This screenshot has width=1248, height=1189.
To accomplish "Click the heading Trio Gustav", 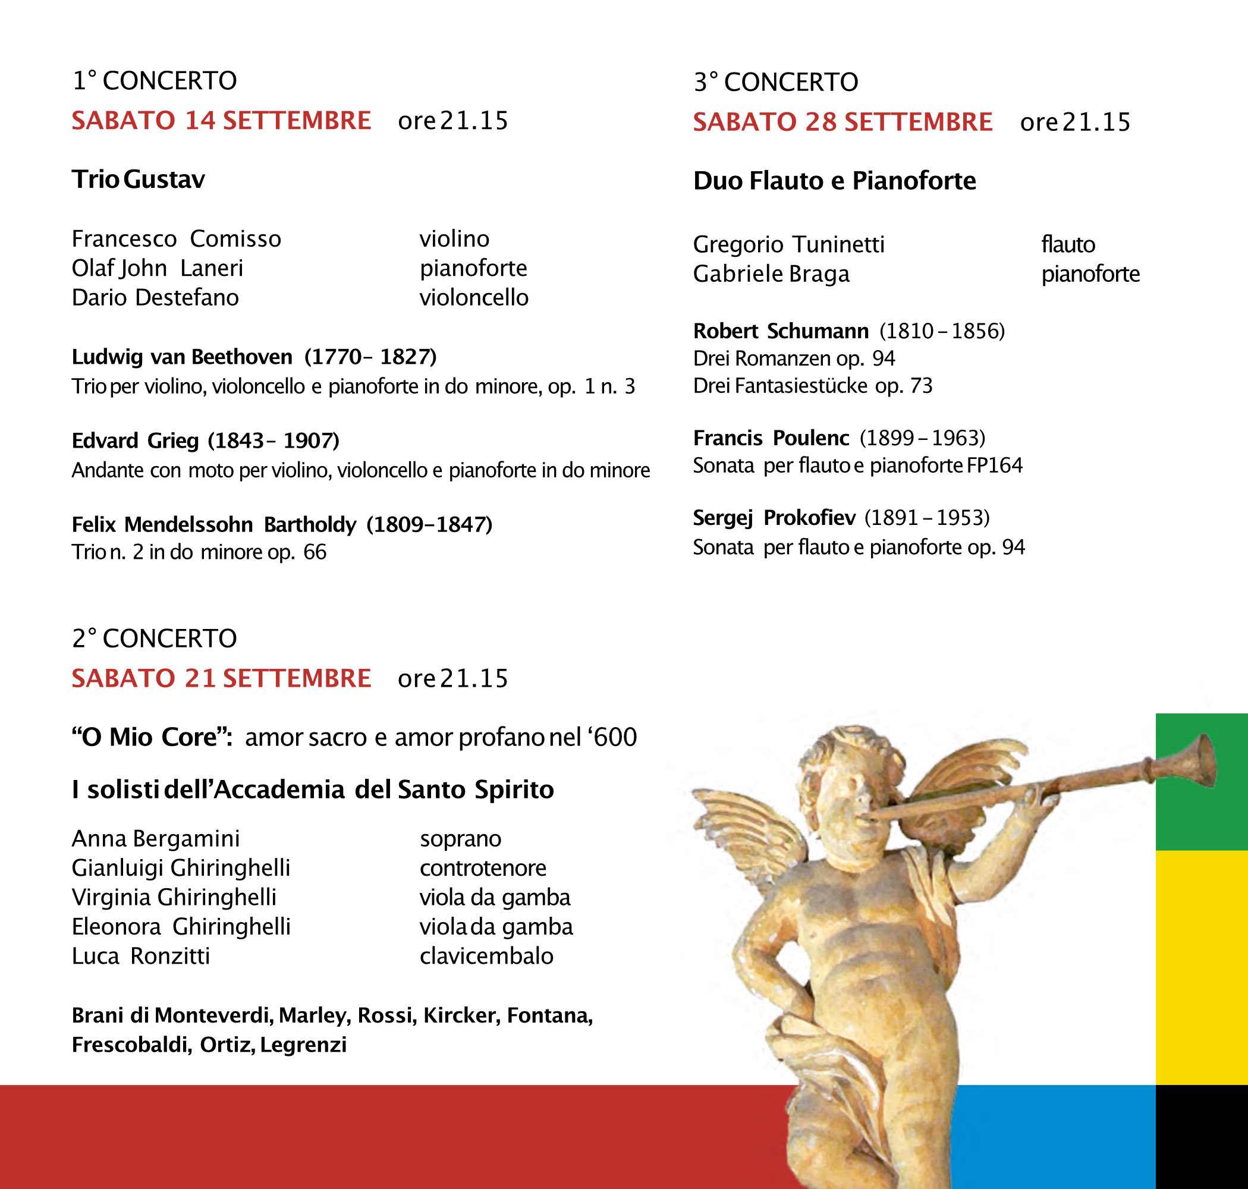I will [x=138, y=180].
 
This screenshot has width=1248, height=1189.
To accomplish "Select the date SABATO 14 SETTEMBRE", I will [x=221, y=121].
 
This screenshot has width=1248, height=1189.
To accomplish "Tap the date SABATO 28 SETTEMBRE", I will [x=843, y=122].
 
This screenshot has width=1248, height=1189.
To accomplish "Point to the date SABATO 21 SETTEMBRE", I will [x=221, y=678].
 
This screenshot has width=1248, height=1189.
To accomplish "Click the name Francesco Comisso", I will [x=176, y=239].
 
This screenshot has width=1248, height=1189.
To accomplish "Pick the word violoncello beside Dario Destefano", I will [x=473, y=297].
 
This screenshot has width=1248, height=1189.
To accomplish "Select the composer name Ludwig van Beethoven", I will [x=182, y=357].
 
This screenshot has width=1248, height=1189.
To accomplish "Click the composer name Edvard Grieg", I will [x=135, y=441].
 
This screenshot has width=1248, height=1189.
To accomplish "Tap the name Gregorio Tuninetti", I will [x=788, y=244].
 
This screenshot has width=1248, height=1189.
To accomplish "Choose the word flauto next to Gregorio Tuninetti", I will [x=1068, y=244].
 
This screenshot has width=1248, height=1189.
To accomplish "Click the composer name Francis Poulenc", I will [x=771, y=438].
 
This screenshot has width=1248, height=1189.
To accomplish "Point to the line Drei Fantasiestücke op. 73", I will [x=813, y=385].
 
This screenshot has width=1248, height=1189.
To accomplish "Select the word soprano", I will [x=460, y=838].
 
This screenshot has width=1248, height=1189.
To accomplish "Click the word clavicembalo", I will [x=486, y=956].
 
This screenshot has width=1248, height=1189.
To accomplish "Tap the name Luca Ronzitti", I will [x=141, y=956].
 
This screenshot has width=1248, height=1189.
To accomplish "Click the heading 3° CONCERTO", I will [x=776, y=82].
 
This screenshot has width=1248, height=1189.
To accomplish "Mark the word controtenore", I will [x=482, y=867].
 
